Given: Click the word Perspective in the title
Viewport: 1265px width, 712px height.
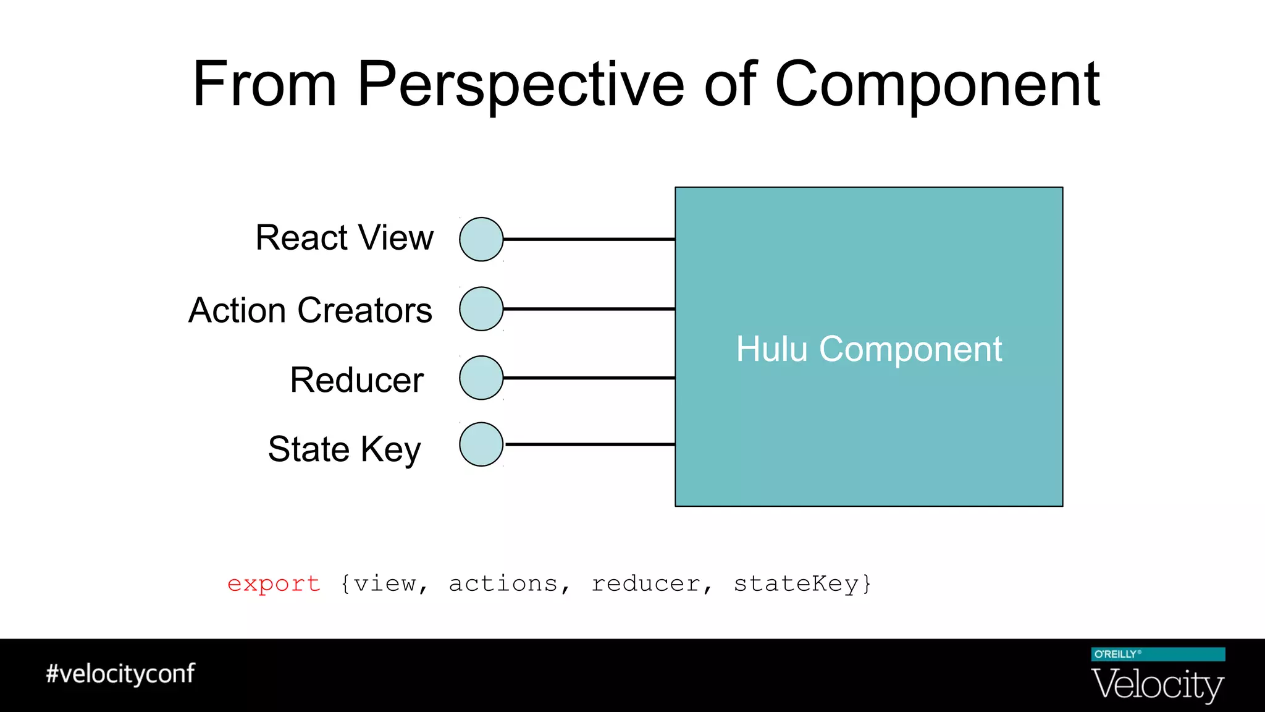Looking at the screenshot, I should pyautogui.click(x=521, y=85).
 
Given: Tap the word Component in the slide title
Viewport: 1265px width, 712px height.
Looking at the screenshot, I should pyautogui.click(x=936, y=85).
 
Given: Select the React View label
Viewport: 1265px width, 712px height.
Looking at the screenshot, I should pyautogui.click(x=344, y=238).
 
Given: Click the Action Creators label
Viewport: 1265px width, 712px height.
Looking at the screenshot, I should pyautogui.click(x=310, y=310).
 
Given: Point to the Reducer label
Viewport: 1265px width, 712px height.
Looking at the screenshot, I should pyautogui.click(x=356, y=379).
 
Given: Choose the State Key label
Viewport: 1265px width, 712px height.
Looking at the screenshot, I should pyautogui.click(x=344, y=449).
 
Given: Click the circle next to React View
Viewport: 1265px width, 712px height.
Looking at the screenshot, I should pyautogui.click(x=481, y=239).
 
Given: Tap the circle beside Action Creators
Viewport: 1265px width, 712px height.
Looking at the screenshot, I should pyautogui.click(x=481, y=309).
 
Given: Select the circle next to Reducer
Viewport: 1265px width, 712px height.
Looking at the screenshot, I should pyautogui.click(x=481, y=378).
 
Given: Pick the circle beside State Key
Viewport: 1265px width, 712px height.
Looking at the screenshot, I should pyautogui.click(x=481, y=444).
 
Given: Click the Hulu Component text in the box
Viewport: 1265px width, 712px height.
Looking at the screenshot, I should pyautogui.click(x=868, y=349).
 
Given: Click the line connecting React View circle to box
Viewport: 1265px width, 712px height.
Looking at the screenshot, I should pyautogui.click(x=589, y=239).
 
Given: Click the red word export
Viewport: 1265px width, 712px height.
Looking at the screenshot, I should pyautogui.click(x=274, y=583).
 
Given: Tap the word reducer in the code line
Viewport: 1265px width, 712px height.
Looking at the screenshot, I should pyautogui.click(x=645, y=583).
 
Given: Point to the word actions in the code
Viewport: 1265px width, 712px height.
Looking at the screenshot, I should pyautogui.click(x=503, y=583).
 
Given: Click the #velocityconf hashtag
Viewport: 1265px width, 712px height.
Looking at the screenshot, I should pyautogui.click(x=120, y=674).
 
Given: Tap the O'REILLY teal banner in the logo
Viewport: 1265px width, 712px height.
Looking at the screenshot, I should pyautogui.click(x=1158, y=655).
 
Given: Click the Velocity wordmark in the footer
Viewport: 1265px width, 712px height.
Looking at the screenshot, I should pyautogui.click(x=1158, y=685).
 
